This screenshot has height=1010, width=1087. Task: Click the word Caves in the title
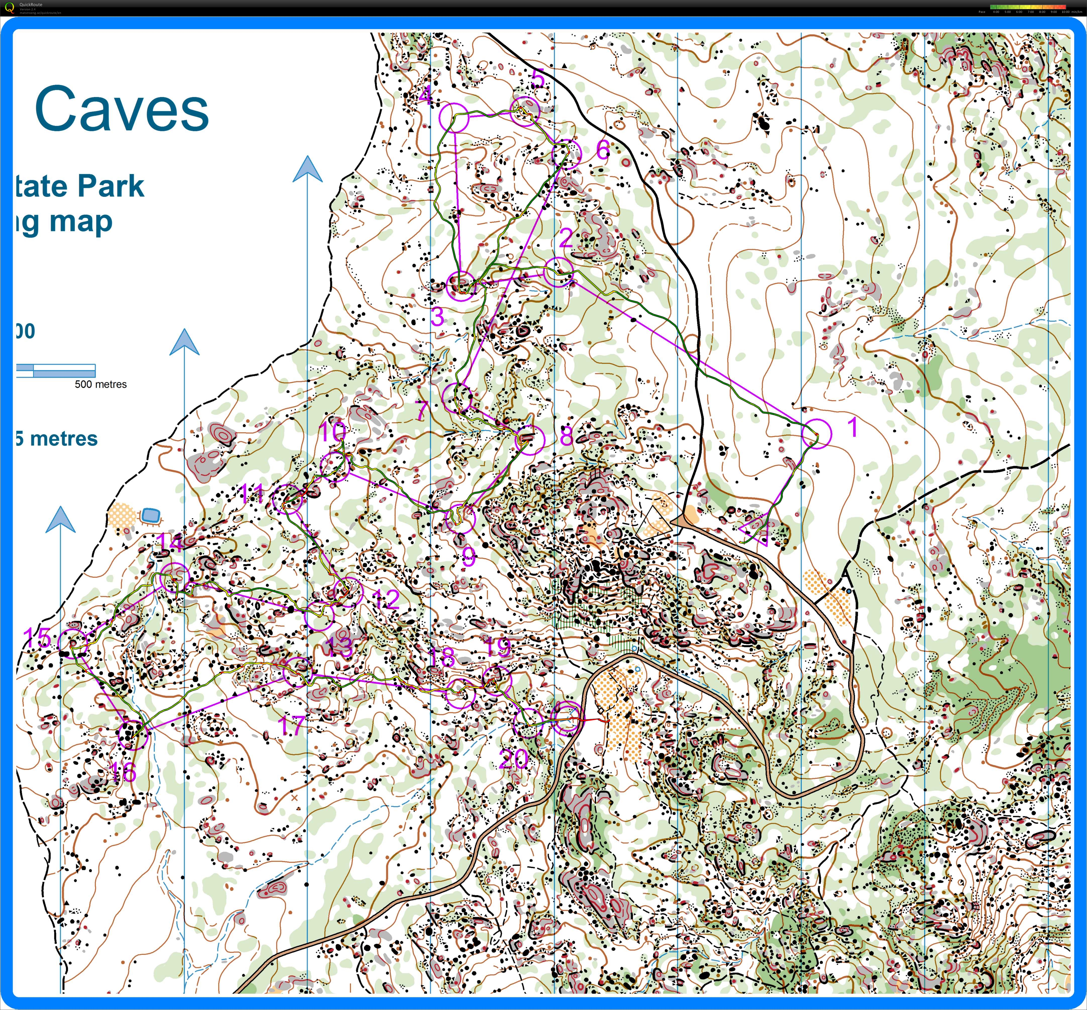tap(121, 109)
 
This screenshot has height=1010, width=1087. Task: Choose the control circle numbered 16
tap(133, 734)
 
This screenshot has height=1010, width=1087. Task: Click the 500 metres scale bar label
tap(101, 384)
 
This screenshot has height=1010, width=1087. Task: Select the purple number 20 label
tap(514, 759)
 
